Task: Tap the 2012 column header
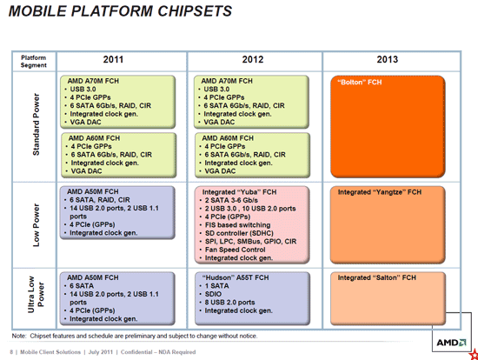tap(253, 59)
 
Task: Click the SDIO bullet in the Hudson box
tap(216, 295)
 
